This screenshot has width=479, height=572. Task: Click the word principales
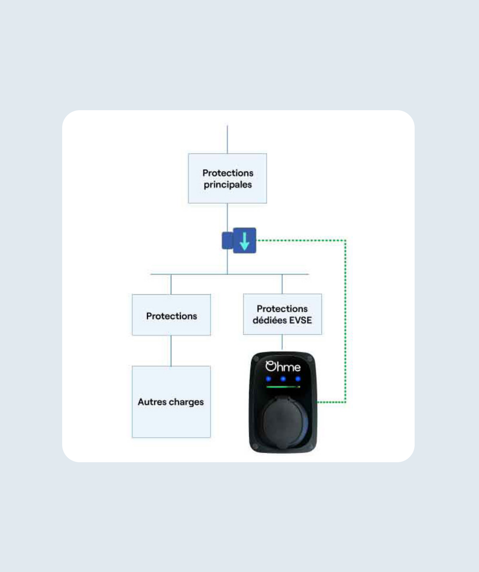(x=228, y=185)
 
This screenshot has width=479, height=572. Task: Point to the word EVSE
(x=300, y=320)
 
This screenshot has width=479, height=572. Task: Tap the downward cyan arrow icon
(x=244, y=240)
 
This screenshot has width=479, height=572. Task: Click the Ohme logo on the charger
(x=283, y=366)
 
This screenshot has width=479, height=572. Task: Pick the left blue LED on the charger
(x=268, y=379)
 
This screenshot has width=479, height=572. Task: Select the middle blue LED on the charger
(x=283, y=379)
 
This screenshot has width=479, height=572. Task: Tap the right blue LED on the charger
(x=298, y=379)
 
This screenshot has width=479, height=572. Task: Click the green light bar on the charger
(x=282, y=387)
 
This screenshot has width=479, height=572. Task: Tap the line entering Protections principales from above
(x=227, y=139)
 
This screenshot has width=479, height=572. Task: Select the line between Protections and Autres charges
(x=171, y=351)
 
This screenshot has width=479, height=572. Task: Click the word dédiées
(x=269, y=320)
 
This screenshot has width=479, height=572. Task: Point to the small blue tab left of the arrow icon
(x=227, y=241)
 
